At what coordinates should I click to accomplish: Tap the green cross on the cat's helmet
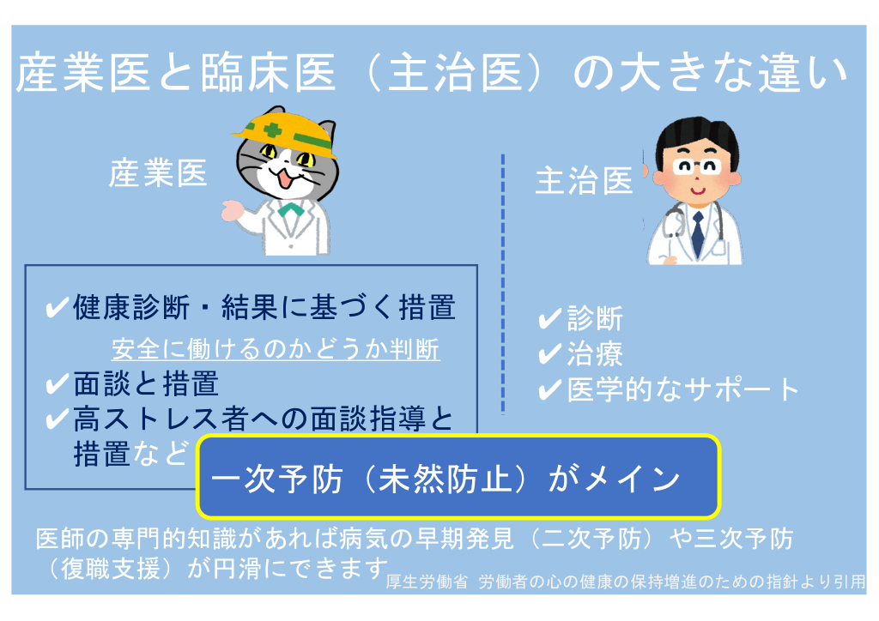[x=272, y=130]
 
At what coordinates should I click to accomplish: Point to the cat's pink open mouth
[x=285, y=179]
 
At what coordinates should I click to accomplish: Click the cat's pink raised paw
[x=232, y=211]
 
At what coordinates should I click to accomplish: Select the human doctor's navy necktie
[x=697, y=233]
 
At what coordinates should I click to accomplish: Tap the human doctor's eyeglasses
[x=697, y=166]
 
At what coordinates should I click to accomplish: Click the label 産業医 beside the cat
[x=158, y=173]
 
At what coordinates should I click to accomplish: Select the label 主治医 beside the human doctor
[x=584, y=182]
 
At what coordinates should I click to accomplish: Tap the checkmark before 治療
[x=550, y=354]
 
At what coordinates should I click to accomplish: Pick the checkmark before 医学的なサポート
[x=550, y=389]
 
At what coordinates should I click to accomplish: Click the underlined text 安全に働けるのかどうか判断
[x=276, y=349]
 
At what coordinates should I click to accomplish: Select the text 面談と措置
[x=146, y=384]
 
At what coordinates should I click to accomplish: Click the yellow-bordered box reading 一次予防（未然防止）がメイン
[x=458, y=476]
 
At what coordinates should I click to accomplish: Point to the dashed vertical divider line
[x=503, y=284]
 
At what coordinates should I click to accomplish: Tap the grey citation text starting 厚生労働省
[x=626, y=582]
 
